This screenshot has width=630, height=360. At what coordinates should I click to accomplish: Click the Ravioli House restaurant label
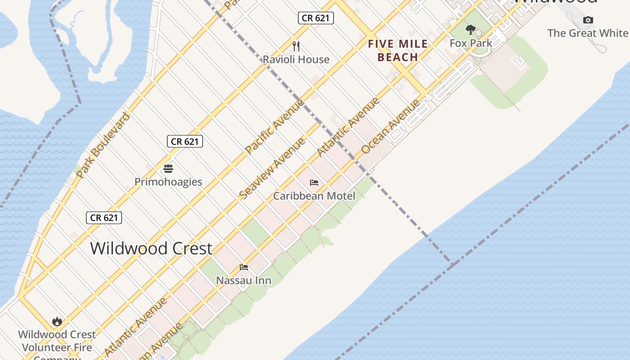coord(296,59)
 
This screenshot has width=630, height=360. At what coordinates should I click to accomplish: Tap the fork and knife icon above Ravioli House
coord(296,46)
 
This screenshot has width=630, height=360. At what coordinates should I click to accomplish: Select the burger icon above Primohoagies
coord(168,169)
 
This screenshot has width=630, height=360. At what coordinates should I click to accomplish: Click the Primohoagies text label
coord(168,182)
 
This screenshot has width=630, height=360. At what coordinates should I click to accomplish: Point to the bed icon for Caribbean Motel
coord(314,183)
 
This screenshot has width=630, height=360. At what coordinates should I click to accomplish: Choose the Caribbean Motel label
coord(314,196)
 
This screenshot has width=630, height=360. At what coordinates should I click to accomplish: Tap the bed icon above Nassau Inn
coord(244,267)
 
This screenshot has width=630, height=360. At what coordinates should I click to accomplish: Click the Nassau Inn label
coord(243,280)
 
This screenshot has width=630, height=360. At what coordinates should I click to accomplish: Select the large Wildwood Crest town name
coord(151,248)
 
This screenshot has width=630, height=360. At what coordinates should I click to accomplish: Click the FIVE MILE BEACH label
coord(398,50)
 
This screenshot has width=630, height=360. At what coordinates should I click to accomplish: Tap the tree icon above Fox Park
coord(471,30)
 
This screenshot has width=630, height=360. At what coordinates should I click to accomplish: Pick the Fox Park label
coord(471,43)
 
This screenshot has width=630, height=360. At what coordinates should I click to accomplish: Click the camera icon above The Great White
coord(588,20)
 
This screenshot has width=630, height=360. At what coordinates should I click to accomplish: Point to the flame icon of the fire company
coord(57,321)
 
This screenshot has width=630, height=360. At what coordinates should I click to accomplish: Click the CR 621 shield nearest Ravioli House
coord(315,18)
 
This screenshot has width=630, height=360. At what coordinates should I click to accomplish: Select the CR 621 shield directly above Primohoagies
coord(184,141)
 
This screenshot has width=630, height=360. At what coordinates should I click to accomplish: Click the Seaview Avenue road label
coord(272,168)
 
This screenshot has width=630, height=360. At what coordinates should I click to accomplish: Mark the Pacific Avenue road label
coord(274,126)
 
